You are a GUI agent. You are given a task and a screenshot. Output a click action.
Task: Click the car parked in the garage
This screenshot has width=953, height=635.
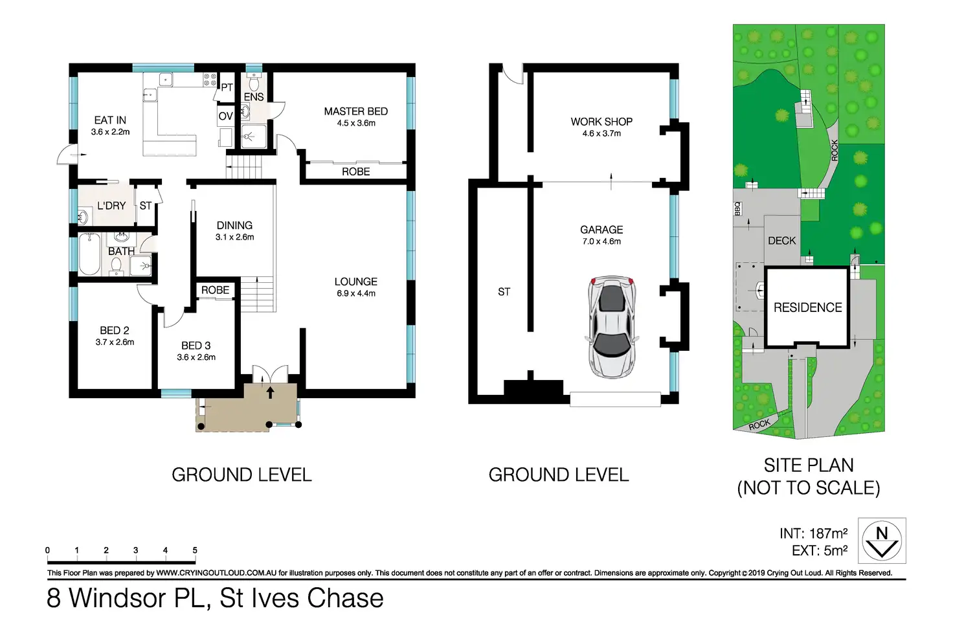point(612,327)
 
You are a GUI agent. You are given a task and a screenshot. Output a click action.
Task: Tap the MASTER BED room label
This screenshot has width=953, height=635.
point(356,111)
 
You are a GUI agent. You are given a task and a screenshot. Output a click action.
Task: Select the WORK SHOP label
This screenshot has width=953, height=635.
point(601,122)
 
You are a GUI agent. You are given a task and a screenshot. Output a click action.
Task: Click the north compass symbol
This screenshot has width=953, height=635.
point(882,540)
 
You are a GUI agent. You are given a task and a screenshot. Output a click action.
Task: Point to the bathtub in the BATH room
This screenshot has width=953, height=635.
point(89,254)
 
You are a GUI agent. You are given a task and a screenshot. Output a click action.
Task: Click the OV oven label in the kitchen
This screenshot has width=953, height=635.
point(225,116)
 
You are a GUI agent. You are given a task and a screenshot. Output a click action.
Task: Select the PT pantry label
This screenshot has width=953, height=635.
point(227,87)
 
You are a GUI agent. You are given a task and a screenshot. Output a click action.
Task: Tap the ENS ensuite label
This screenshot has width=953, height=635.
point(254,97)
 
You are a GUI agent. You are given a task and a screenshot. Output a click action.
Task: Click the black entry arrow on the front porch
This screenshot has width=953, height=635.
point(270,392)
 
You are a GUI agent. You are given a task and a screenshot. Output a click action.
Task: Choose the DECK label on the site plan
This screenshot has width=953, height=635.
point(782,241)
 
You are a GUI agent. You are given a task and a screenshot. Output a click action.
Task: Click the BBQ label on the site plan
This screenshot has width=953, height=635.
point(737,208)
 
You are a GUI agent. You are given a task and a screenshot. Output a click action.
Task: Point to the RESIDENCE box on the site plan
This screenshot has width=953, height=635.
point(807,307)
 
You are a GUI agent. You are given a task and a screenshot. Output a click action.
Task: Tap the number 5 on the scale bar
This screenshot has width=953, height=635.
point(195,550)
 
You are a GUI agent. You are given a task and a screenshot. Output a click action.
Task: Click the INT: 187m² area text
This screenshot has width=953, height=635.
point(813,533)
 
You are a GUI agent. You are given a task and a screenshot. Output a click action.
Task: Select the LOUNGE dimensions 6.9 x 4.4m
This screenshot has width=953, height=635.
point(356,293)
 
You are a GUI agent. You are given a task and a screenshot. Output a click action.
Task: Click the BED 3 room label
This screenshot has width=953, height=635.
point(196,346)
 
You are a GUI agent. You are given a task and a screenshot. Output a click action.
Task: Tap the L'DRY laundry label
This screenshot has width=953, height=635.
point(111,206)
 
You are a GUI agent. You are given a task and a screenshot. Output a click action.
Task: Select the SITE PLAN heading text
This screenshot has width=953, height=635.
point(809,465)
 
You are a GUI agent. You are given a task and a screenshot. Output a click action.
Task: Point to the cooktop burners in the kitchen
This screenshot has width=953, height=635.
point(210,80)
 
